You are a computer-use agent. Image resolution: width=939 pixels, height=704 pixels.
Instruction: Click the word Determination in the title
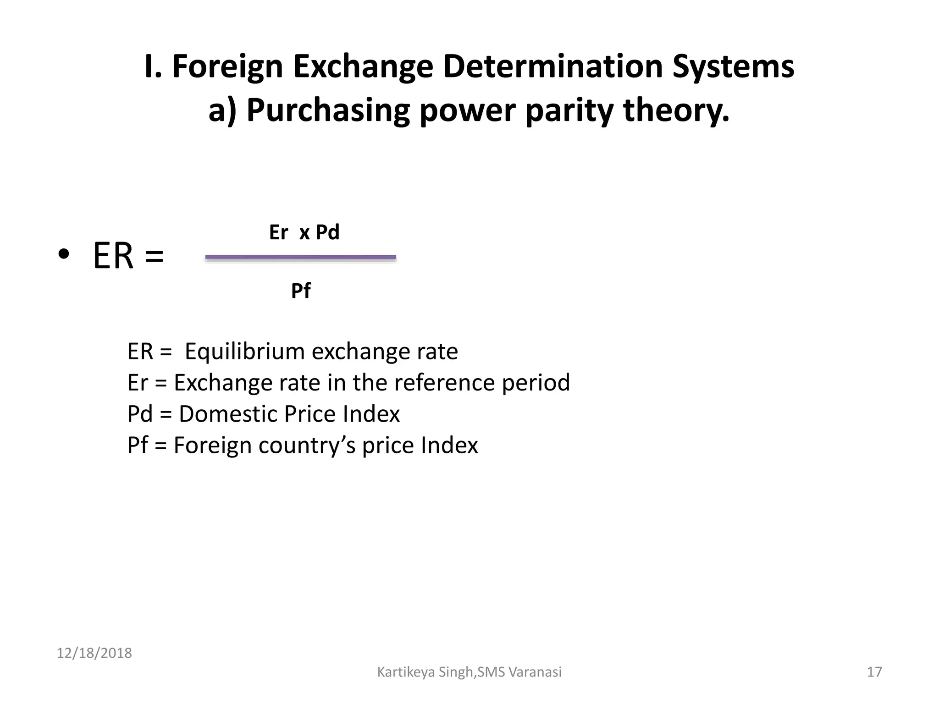tap(553, 67)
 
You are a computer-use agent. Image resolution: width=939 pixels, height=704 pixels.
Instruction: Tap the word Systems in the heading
tap(733, 67)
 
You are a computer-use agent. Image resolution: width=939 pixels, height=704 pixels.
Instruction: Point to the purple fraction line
tap(300, 258)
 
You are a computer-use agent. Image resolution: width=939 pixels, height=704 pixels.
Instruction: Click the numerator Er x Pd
tap(304, 232)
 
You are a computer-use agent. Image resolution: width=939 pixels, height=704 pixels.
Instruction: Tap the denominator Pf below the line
tap(301, 291)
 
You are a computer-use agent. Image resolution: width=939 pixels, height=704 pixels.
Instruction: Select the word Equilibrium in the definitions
tap(244, 352)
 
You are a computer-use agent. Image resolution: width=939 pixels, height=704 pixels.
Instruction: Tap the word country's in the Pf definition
tap(307, 445)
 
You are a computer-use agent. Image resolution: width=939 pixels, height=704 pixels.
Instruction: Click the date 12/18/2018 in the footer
tap(94, 653)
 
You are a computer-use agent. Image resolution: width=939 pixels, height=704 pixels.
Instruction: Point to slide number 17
tap(874, 672)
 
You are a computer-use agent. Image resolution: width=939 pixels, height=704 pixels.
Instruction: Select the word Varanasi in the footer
tap(535, 672)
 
